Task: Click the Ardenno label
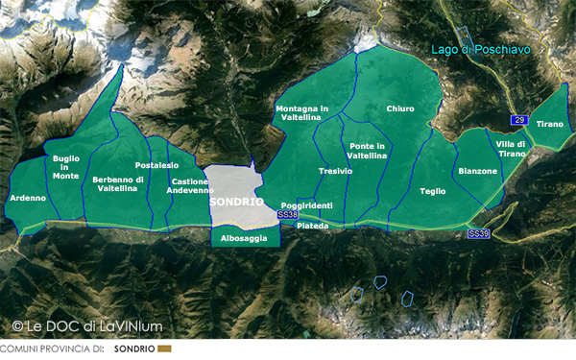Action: tap(28, 198)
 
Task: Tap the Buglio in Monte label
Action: tap(66, 167)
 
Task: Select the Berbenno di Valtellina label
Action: tap(118, 183)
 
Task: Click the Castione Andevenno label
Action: tap(190, 185)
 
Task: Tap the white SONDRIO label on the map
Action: tap(236, 203)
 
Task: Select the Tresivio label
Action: tap(335, 171)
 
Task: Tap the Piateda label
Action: tap(313, 226)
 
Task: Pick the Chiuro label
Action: tap(400, 109)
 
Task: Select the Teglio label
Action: tap(433, 191)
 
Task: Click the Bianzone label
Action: tap(478, 171)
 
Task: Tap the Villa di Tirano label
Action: tap(512, 149)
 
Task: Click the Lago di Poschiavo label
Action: tap(481, 48)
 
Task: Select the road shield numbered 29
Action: tap(519, 119)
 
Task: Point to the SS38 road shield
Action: tap(286, 216)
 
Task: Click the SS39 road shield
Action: tap(478, 233)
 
